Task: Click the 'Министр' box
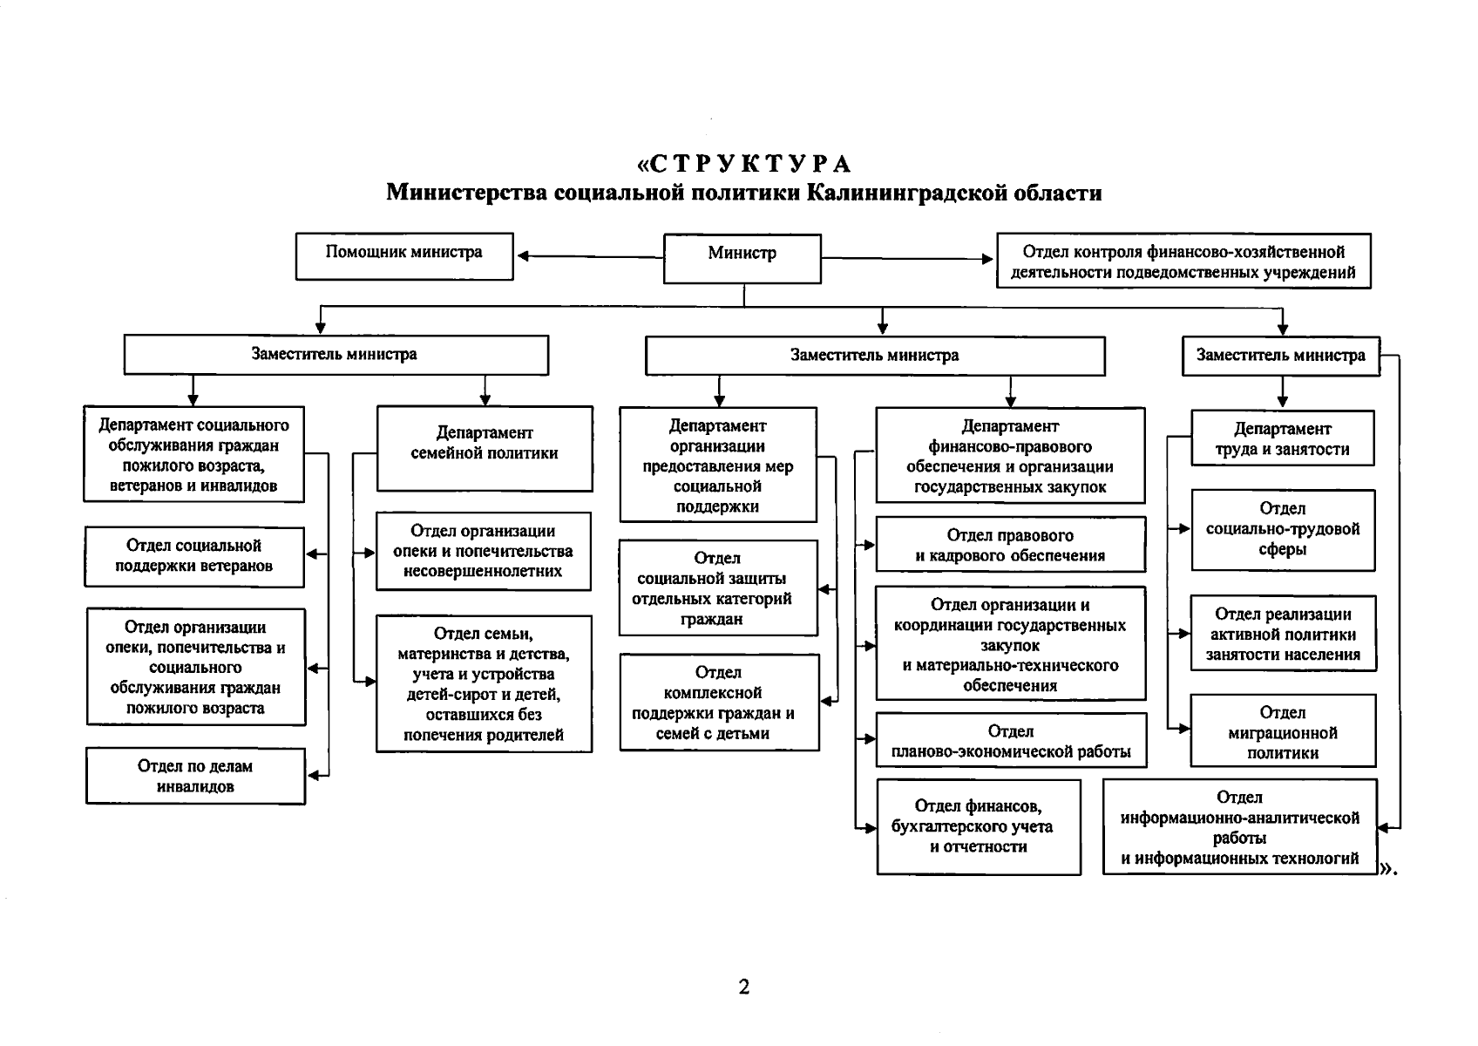pyautogui.click(x=742, y=258)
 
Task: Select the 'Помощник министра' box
pyautogui.click(x=404, y=255)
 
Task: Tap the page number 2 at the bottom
pyautogui.click(x=743, y=987)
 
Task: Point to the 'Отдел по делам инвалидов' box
pyautogui.click(x=196, y=776)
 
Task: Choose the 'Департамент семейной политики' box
pyautogui.click(x=485, y=448)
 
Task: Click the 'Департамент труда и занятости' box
pyautogui.click(x=1282, y=438)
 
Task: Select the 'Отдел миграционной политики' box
pyautogui.click(x=1283, y=730)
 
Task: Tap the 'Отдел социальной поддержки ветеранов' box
pyautogui.click(x=194, y=556)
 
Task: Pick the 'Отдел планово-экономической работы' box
pyautogui.click(x=1011, y=741)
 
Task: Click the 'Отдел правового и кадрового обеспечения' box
pyautogui.click(x=1010, y=545)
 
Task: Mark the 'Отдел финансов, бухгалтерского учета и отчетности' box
pyautogui.click(x=979, y=826)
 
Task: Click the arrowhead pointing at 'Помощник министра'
pyautogui.click(x=523, y=256)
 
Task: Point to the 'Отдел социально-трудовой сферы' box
pyautogui.click(x=1283, y=529)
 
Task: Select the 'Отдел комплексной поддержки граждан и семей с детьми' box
pyautogui.click(x=719, y=703)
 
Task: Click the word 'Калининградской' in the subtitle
pyautogui.click(x=907, y=192)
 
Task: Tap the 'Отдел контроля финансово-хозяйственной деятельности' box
pyautogui.click(x=1183, y=261)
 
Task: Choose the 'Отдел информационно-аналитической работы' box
pyautogui.click(x=1239, y=827)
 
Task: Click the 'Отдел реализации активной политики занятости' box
pyautogui.click(x=1283, y=634)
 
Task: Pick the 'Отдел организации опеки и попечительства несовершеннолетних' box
pyautogui.click(x=483, y=551)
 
